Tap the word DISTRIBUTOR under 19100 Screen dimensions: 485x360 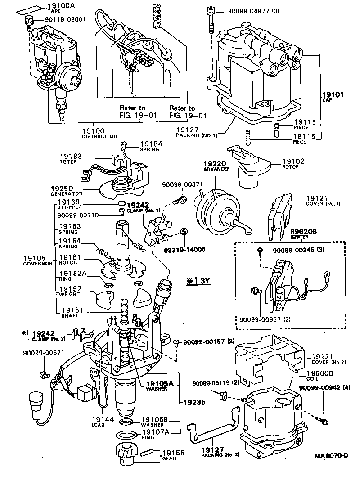99,136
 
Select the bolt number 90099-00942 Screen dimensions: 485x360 324,388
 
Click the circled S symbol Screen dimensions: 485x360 184,232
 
